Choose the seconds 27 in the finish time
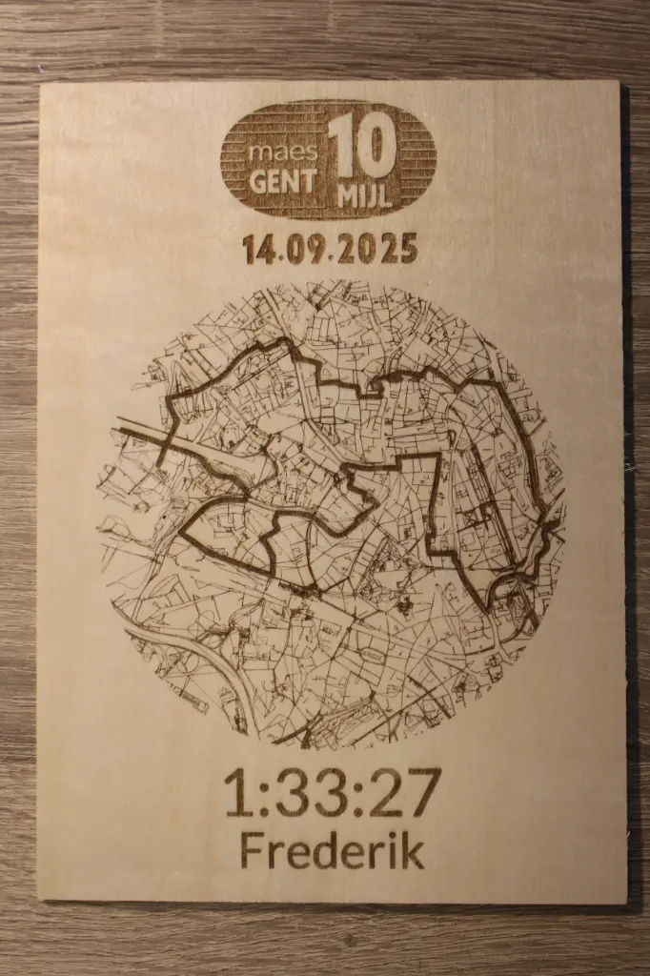[x=405, y=792]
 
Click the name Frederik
[x=332, y=850]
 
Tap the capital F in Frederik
[x=253, y=850]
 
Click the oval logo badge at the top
[x=328, y=159]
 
